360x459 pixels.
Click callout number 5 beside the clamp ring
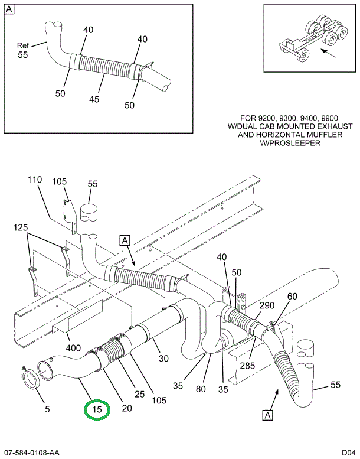click(47, 409)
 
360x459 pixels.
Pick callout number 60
click(292, 297)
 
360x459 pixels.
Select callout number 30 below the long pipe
click(163, 358)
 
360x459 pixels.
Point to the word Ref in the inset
click(23, 45)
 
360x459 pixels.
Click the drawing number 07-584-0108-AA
click(30, 453)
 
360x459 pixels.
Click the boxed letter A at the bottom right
click(268, 415)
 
